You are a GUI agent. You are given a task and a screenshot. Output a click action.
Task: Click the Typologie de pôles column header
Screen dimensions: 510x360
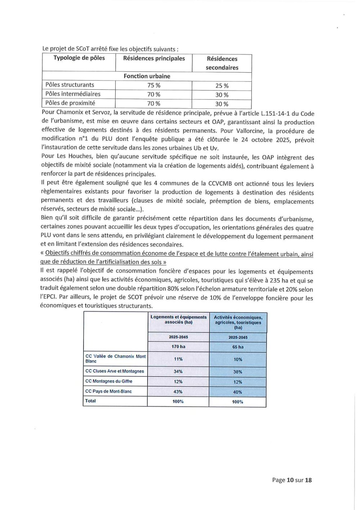pyautogui.click(x=79, y=58)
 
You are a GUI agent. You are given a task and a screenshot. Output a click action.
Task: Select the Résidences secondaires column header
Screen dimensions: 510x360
pyautogui.click(x=222, y=63)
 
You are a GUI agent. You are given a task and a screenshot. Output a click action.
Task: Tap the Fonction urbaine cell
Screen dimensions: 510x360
pyautogui.click(x=147, y=76)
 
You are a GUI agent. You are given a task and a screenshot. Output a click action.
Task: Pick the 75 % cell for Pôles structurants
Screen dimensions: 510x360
pyautogui.click(x=154, y=85)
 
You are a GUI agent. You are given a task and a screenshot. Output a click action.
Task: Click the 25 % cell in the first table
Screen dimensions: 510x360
pyautogui.click(x=222, y=86)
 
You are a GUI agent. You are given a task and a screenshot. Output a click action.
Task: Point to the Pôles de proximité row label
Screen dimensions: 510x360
pyautogui.click(x=70, y=103)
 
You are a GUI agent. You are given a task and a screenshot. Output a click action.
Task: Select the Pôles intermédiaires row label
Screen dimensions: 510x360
pyautogui.click(x=73, y=94)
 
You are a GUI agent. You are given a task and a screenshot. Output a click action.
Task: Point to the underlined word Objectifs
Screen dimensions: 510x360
pyautogui.click(x=58, y=253)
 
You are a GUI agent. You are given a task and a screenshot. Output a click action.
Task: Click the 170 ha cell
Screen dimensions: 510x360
pyautogui.click(x=178, y=346)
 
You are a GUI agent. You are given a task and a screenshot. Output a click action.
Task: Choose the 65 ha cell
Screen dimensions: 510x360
pyautogui.click(x=238, y=347)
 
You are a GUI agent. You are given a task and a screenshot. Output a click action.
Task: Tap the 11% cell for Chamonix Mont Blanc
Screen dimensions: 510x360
pyautogui.click(x=178, y=359)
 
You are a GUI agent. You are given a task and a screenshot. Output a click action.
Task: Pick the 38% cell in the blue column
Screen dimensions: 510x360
pyautogui.click(x=238, y=372)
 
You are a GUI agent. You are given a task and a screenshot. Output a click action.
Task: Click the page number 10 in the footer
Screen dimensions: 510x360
pyautogui.click(x=290, y=480)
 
